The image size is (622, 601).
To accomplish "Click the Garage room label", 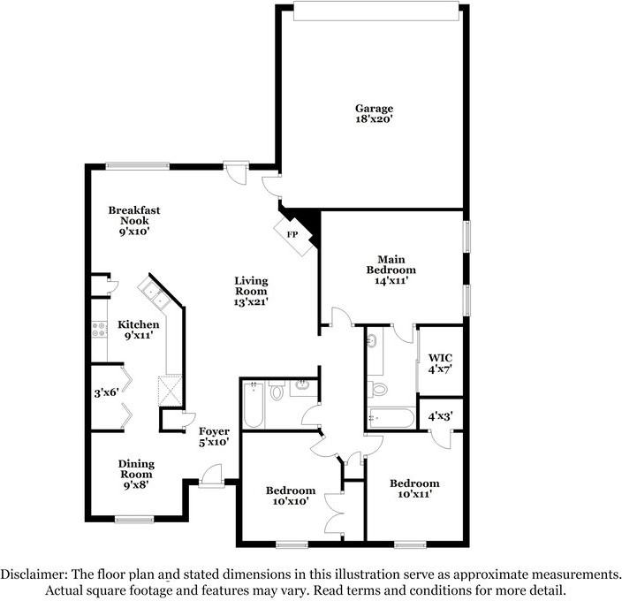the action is pos(374,113).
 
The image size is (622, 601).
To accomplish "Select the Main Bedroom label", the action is pos(391,270).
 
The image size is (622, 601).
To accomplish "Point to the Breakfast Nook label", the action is pos(134,221).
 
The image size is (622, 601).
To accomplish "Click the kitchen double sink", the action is pos(155,293).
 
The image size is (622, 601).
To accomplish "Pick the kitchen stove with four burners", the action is pos(100,330).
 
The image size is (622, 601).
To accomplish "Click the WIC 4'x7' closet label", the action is pos(440,363).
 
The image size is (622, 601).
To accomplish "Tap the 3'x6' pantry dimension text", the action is pos(106,392).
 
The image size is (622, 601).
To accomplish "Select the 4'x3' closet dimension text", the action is pos(440,416).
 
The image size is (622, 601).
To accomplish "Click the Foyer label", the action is pos(214,437).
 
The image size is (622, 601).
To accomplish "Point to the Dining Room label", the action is pos(136,474).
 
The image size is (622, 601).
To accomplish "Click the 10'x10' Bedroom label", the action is pos(291,496).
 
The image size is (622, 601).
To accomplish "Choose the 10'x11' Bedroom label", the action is pos(414,489).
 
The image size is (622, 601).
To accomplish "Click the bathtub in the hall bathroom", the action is pos(253,405).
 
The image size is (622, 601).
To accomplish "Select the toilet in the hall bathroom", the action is pos(276,391).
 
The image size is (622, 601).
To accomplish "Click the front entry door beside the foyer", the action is pos(211,475).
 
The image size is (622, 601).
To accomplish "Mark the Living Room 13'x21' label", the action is pos(251,291).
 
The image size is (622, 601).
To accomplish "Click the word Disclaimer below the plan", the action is pos(34,574).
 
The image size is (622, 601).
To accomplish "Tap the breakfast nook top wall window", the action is pos(138,166).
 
